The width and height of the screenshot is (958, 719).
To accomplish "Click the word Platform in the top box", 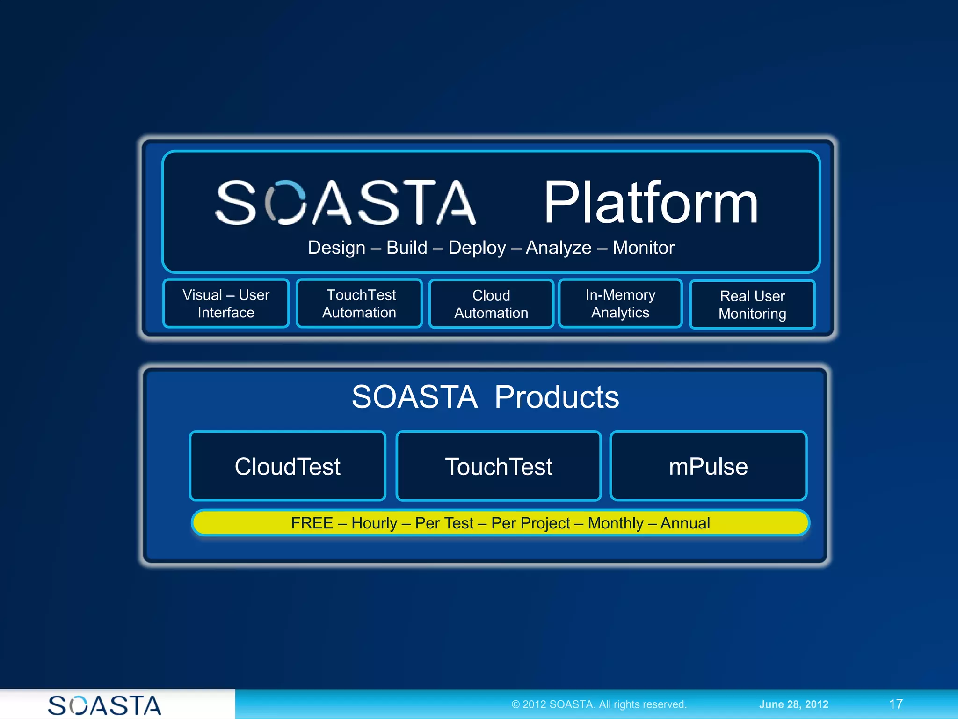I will coord(650,204).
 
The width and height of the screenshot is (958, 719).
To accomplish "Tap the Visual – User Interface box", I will coord(226,304).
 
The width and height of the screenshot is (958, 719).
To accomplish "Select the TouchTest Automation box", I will coord(359,304).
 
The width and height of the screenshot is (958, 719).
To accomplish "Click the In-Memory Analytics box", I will coord(620,304).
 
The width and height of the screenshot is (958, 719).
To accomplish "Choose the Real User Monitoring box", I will coord(752,305).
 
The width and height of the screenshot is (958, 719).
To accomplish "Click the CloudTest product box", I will coord(288,466).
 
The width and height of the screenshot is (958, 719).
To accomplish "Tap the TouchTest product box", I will coord(499,466).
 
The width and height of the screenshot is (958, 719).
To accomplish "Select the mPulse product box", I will coord(708,466).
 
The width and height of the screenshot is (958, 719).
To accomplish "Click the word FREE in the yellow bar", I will coord(312,523).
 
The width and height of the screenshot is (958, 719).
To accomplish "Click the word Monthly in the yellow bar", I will coord(616,523).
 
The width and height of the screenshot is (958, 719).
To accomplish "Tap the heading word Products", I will coord(557,397).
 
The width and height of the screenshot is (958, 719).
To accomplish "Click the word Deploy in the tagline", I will coord(477,248).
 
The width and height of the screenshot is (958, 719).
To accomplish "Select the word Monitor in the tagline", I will coord(643,248).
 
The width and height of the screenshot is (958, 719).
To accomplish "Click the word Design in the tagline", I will coord(336,248).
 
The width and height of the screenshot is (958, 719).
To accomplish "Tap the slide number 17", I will coord(896,704).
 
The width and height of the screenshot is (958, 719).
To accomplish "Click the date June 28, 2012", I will coord(793,704).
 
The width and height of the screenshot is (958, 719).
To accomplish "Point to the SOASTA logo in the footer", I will coord(105,705).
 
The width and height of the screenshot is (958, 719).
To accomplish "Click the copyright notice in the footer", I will coord(599,704).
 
